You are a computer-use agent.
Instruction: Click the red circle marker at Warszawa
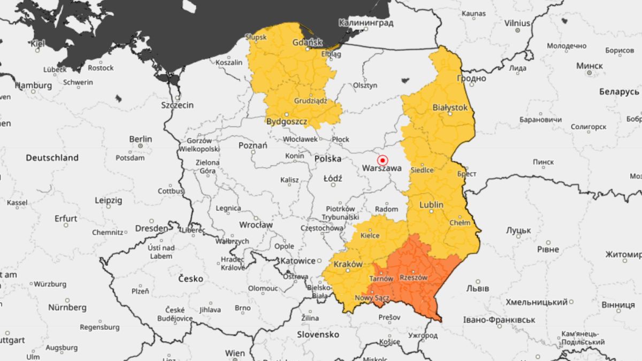pos(383,160)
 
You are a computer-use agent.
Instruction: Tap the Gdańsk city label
pos(308,42)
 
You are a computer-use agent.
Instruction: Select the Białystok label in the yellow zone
pos(449,107)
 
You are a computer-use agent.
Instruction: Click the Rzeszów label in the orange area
pos(414,278)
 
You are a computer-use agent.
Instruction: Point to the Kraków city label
pos(348,264)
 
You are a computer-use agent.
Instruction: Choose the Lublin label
pos(431,205)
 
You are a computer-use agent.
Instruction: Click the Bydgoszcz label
pos(287,121)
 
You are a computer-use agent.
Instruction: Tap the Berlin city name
pos(140,139)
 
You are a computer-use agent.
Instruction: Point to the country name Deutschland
pos(52,158)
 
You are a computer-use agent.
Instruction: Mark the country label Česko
pos(190,279)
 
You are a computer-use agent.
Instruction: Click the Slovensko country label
pos(318,334)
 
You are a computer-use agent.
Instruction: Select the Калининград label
pos(366,23)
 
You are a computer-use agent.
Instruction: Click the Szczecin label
pos(177,105)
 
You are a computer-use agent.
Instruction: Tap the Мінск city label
pos(589,66)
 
